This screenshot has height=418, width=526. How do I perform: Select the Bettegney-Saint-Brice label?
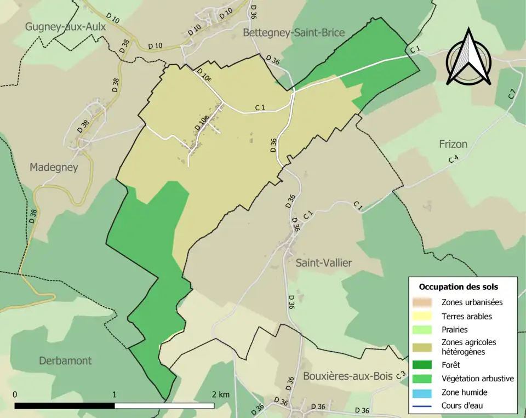(294, 33)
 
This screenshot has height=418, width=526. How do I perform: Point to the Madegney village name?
(54, 167)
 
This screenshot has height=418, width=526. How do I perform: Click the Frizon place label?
(453, 144)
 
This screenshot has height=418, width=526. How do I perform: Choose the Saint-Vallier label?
(324, 263)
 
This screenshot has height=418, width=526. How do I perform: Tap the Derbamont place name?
(65, 360)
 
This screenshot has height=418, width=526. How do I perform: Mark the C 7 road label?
(512, 94)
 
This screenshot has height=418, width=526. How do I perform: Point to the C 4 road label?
(453, 159)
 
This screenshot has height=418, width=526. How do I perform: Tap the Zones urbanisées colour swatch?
(424, 302)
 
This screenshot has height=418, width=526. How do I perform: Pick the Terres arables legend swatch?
(424, 316)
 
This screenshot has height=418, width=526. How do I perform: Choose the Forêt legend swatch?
(424, 364)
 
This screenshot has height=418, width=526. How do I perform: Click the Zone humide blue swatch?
(424, 392)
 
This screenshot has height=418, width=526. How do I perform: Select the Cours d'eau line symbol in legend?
(424, 406)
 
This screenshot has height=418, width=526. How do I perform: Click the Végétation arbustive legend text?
(477, 378)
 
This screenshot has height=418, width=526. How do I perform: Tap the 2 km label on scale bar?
(221, 394)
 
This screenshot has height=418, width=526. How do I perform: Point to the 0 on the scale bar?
(15, 394)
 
